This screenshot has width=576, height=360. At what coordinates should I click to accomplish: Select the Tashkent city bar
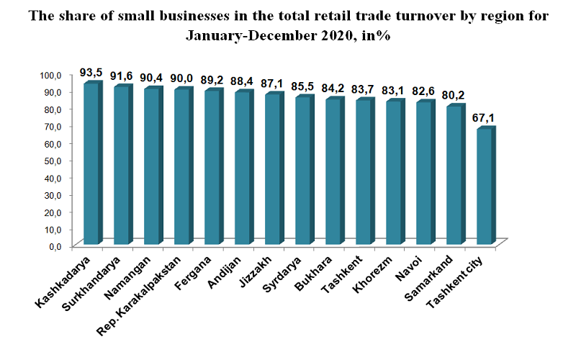tap(485, 186)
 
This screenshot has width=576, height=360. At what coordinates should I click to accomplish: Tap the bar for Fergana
tap(213, 168)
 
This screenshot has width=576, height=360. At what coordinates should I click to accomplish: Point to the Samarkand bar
tap(455, 175)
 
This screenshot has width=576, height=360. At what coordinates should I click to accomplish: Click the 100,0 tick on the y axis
tap(55, 75)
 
